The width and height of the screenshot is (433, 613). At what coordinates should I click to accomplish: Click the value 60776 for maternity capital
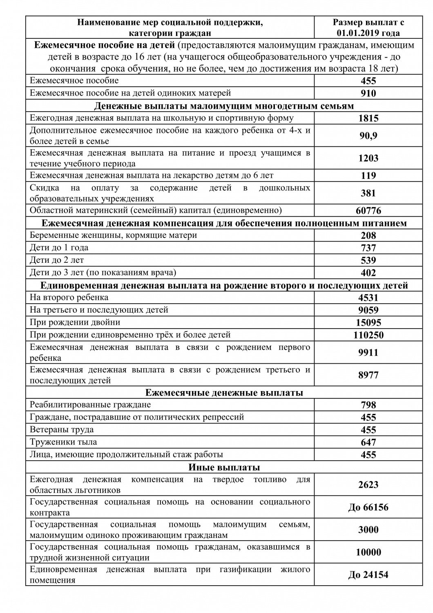tap(368, 211)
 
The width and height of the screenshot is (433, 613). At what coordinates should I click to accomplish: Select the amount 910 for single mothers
tap(368, 93)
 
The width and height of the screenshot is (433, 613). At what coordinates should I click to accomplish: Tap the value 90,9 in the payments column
tap(368, 136)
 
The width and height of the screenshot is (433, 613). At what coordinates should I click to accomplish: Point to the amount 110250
tap(368, 335)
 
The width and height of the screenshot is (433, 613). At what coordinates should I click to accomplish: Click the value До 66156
tap(368, 508)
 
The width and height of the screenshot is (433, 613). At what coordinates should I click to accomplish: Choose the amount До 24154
tap(368, 575)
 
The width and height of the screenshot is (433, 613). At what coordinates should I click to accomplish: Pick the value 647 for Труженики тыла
tap(368, 442)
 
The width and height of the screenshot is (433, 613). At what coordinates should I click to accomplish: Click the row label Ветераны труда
tap(62, 430)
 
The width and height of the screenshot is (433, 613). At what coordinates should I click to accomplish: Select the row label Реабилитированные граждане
tap(90, 405)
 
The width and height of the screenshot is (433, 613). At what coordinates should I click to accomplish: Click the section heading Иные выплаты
tap(224, 467)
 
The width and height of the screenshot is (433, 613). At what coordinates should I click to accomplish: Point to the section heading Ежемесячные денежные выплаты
tap(224, 393)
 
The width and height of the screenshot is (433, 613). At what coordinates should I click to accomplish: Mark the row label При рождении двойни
tap(75, 322)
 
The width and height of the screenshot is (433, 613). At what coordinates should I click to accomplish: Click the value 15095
tap(368, 322)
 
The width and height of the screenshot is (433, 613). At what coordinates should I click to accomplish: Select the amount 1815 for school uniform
tap(368, 119)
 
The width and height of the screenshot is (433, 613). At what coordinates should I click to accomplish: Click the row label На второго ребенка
tap(69, 297)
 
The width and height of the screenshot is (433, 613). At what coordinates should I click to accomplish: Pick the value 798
tap(368, 405)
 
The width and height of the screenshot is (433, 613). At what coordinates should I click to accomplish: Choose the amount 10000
tap(368, 553)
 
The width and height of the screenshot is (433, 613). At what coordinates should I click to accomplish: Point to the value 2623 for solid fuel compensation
tap(368, 485)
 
